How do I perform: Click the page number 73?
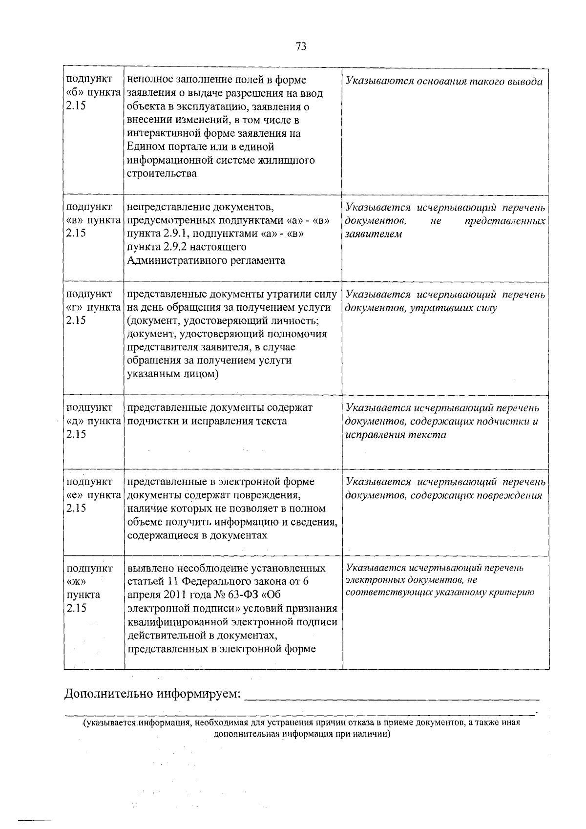coord(301,46)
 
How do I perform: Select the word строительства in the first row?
coord(162,173)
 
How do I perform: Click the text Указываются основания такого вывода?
coord(444,82)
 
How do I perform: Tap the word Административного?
coord(173,260)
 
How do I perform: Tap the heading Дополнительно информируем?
coord(153,694)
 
